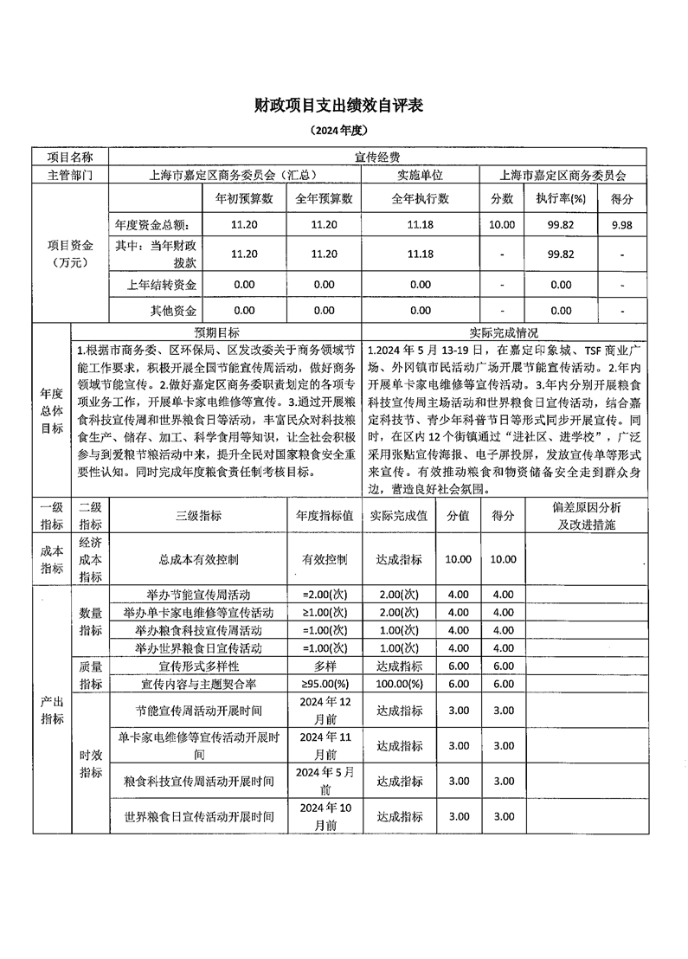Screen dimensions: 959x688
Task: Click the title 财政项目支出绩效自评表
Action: [344, 105]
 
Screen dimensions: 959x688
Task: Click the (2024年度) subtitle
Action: [344, 131]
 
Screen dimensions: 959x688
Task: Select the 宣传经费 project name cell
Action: [376, 158]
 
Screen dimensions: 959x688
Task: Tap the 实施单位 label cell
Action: [420, 175]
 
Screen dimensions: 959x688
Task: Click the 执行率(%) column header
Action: [560, 198]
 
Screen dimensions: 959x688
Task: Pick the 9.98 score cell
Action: [622, 224]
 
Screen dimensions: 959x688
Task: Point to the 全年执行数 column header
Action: [420, 198]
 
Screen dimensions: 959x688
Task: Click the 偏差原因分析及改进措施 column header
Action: [586, 516]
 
